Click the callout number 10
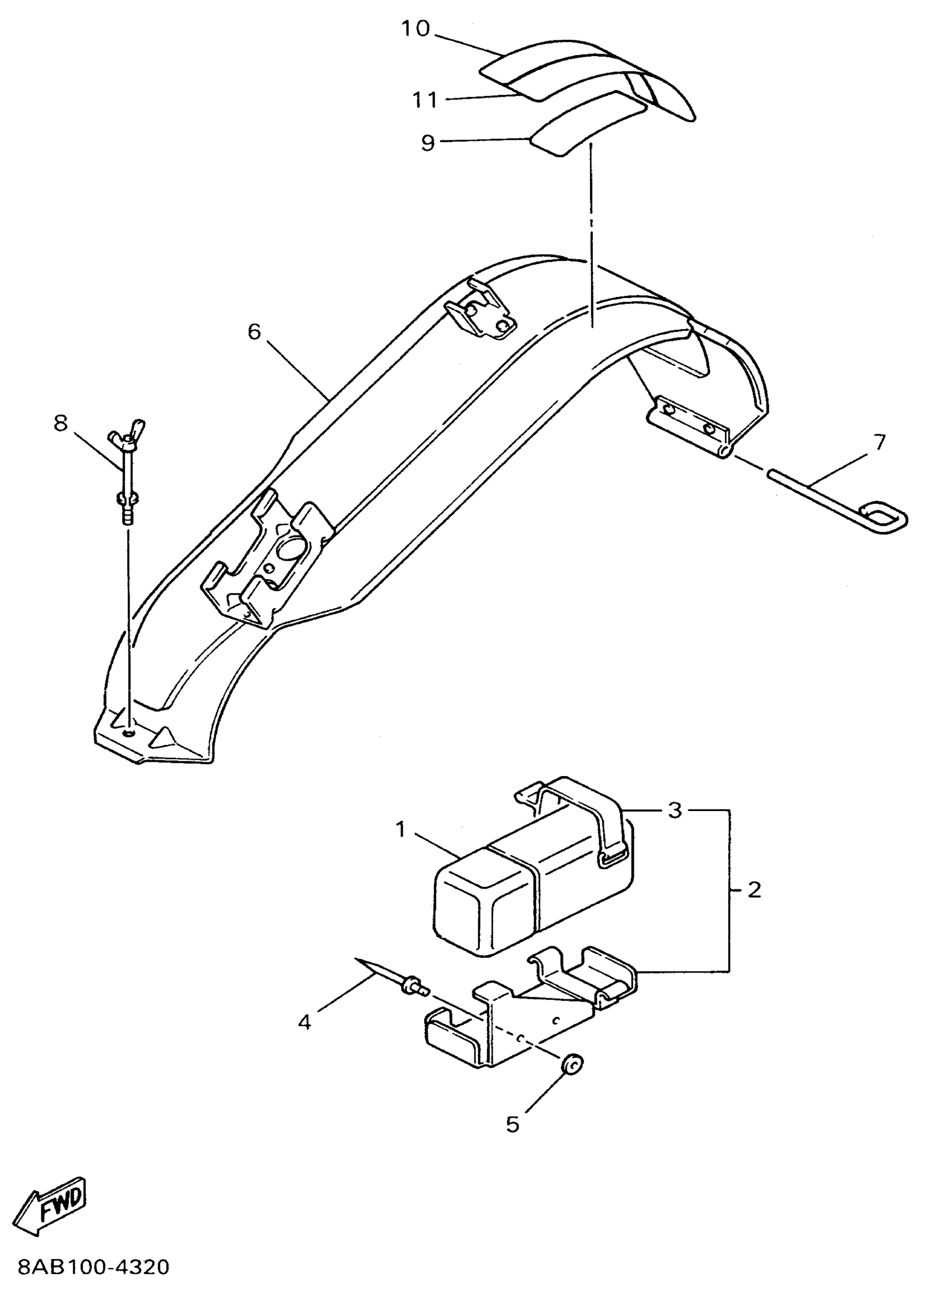(415, 28)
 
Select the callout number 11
(425, 100)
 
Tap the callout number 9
(428, 142)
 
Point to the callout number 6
(254, 331)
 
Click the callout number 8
(61, 424)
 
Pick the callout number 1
(401, 830)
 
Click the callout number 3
(675, 809)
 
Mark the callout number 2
(754, 890)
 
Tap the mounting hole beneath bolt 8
(130, 732)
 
